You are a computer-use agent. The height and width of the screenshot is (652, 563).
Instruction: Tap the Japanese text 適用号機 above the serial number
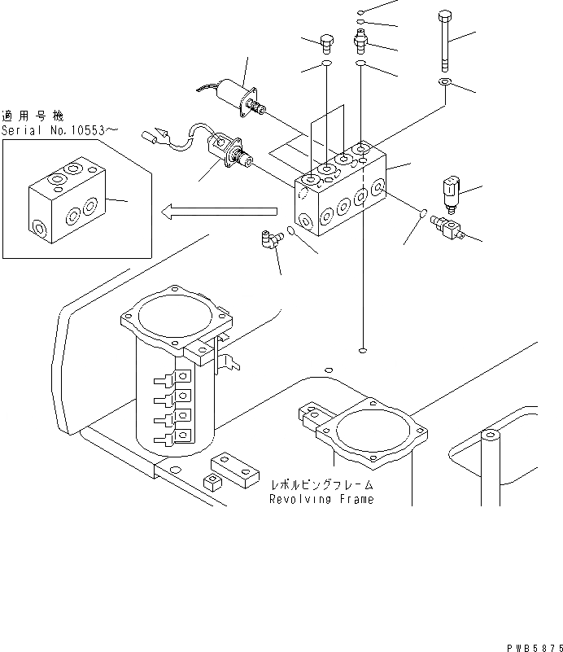[x=32, y=116]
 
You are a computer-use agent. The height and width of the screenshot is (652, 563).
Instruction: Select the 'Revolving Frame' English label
[x=321, y=499]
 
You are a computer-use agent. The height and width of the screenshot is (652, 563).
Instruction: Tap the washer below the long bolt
[x=445, y=83]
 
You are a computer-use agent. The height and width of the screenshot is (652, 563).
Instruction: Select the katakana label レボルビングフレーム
[x=321, y=485]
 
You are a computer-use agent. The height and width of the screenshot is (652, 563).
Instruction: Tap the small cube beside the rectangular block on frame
[x=212, y=482]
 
